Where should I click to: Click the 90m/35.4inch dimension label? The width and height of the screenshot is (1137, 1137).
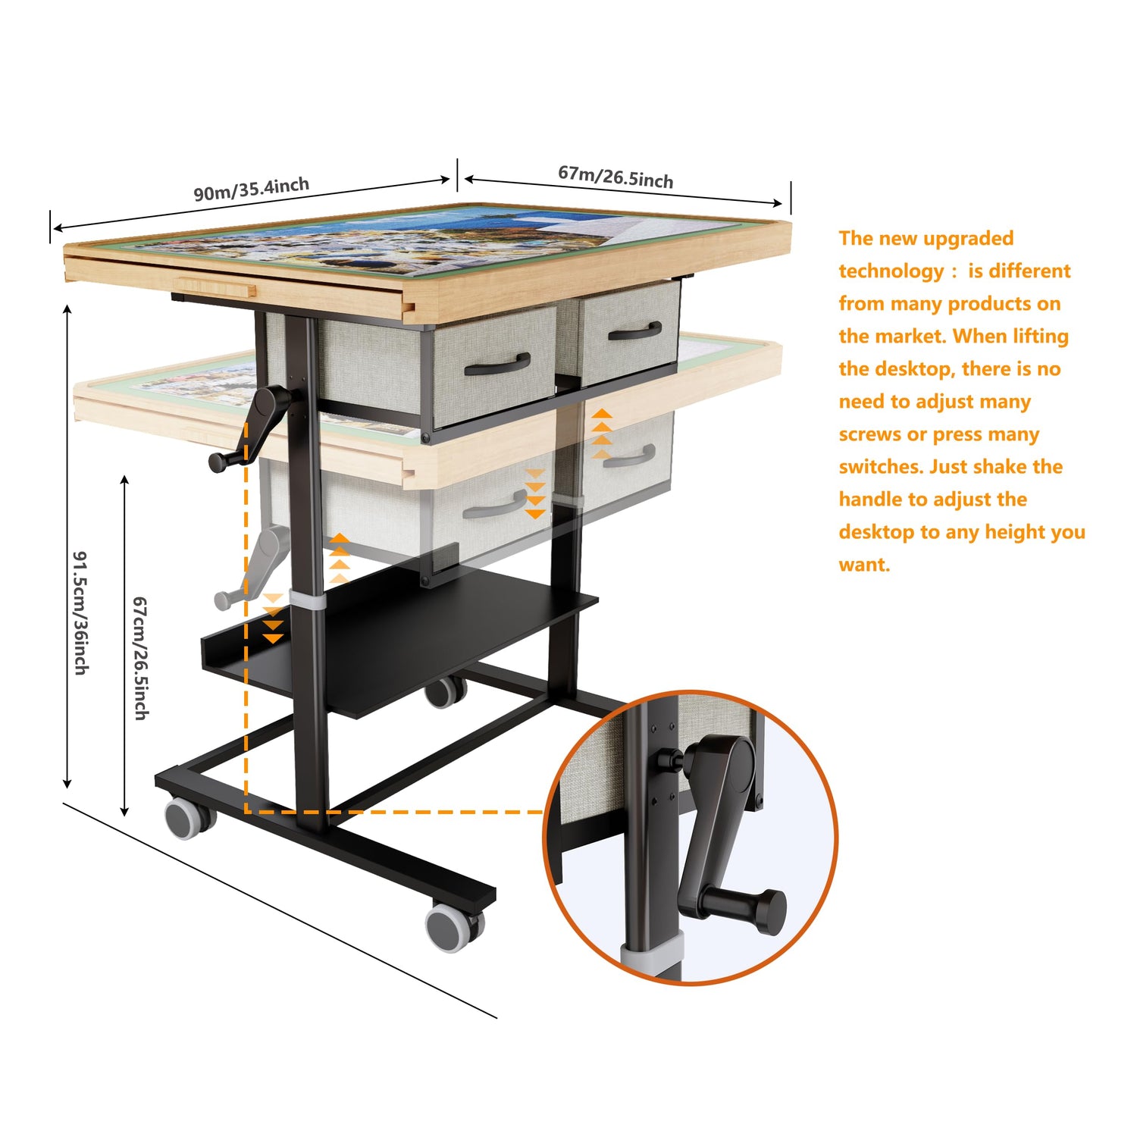pos(252,189)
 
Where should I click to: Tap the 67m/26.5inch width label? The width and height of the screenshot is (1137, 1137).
pos(615,177)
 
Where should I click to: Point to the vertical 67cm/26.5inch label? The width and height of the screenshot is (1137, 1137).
pos(141,658)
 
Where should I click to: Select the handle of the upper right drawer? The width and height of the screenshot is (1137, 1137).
pos(635,331)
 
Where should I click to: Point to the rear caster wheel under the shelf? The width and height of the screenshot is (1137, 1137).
pos(444,691)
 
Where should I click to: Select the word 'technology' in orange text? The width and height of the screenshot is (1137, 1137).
pos(891,271)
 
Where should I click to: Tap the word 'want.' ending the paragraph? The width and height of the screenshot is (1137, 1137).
pos(864,565)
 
